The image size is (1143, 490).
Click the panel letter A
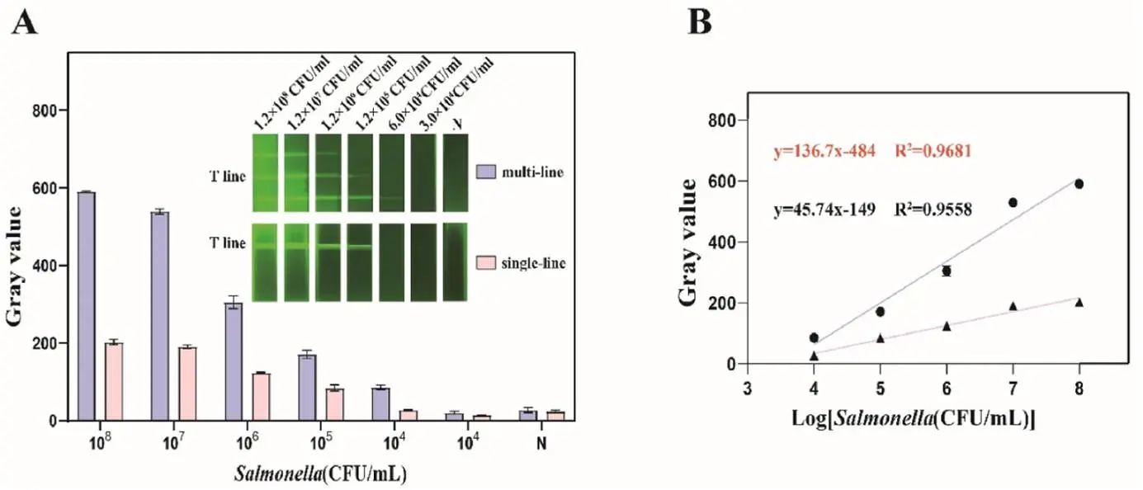pos(25,24)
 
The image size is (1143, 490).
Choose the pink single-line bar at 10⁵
pos(334,404)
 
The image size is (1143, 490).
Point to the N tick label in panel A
pos(542,441)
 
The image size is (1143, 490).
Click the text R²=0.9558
pos(936,210)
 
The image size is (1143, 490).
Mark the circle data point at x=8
pos(1079,184)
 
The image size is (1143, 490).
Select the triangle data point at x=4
pos(814,356)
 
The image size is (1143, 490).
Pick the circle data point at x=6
pos(947,271)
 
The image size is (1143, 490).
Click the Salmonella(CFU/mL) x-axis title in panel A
pos(320,474)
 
